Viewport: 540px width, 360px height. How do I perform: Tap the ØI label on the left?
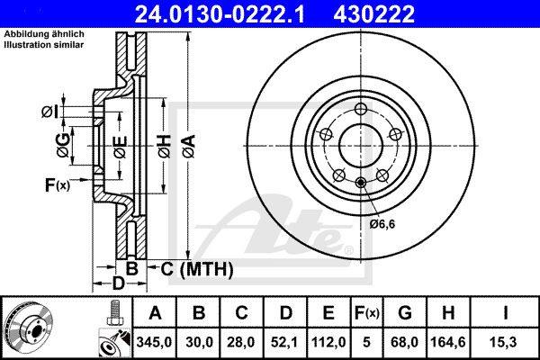click(x=49, y=112)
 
